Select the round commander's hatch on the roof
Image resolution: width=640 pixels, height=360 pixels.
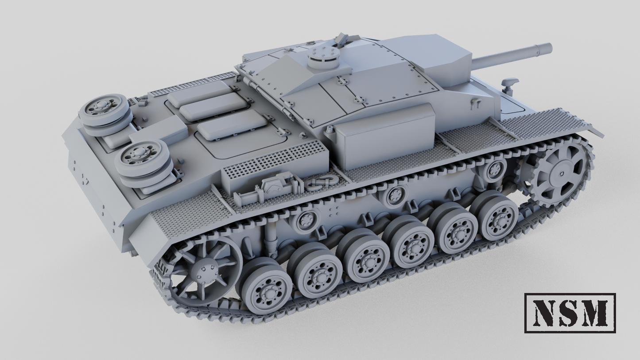[x=323, y=57]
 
